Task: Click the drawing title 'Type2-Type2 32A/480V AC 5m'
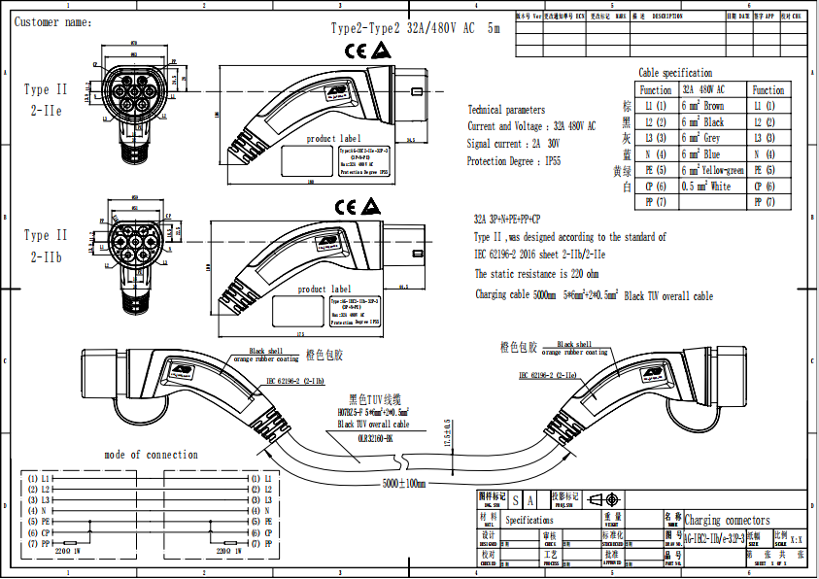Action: (416, 29)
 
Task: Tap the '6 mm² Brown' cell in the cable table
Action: (702, 106)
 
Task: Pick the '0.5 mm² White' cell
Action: (705, 186)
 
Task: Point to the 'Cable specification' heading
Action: (675, 73)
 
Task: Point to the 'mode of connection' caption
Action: (151, 455)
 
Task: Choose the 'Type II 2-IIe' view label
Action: (46, 100)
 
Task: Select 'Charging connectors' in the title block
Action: (727, 521)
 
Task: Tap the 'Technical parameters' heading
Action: (506, 110)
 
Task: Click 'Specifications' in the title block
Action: (529, 521)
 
